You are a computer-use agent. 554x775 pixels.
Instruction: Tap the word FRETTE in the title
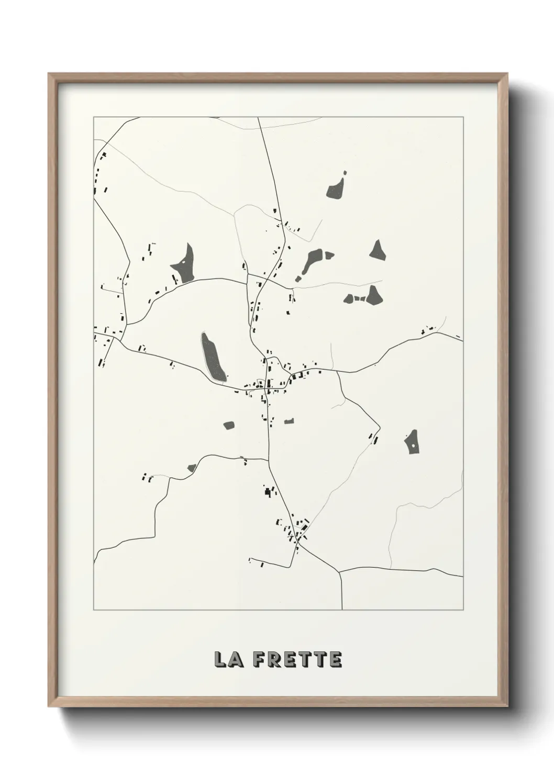coord(297,659)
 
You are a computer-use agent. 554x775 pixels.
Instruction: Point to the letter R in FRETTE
coord(275,659)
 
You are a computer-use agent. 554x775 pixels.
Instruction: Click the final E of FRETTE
coord(336,659)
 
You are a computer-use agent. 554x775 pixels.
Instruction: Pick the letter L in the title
coord(220,659)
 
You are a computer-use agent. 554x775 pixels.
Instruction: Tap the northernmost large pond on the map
coord(335,189)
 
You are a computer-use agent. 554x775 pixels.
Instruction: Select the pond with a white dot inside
coord(412,443)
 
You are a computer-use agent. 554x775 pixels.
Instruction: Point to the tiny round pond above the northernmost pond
coord(345,172)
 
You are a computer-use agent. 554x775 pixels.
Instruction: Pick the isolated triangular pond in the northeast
coord(378,250)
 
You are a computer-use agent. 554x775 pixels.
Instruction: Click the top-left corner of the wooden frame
coord(49,74)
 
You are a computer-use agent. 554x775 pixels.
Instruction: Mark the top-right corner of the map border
coord(463,117)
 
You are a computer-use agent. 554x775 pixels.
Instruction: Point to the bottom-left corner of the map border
coord(94,610)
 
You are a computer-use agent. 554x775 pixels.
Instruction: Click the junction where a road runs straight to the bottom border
coord(340,571)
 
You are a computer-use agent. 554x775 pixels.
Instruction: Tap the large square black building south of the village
coord(269,492)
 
